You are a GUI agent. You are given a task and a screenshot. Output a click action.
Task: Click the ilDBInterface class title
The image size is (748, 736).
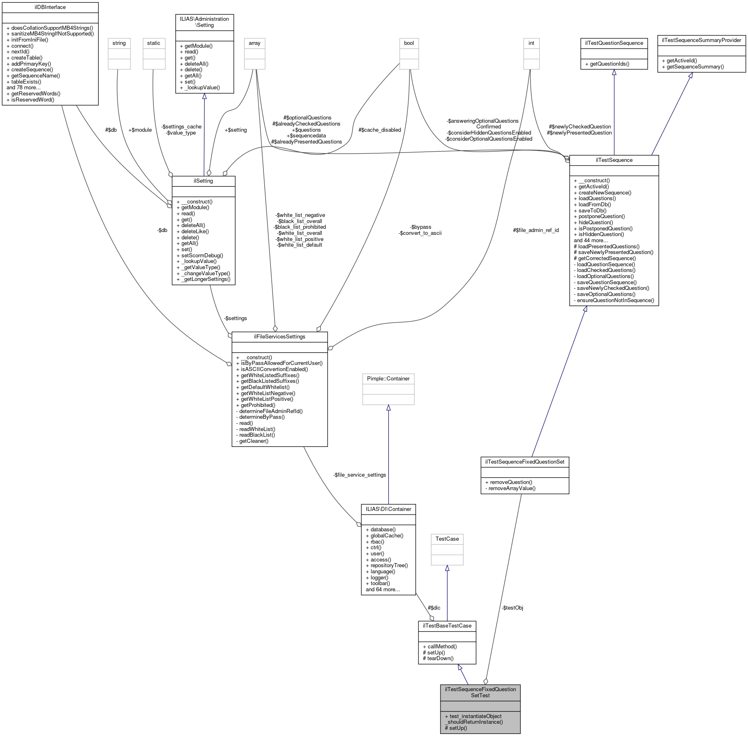(50, 7)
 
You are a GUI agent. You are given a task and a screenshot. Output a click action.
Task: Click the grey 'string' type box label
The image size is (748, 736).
(119, 43)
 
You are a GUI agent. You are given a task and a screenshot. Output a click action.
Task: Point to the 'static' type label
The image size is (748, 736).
(154, 43)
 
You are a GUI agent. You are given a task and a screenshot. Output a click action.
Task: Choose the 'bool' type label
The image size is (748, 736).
(409, 43)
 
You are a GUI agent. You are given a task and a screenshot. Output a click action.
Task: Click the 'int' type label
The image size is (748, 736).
(531, 43)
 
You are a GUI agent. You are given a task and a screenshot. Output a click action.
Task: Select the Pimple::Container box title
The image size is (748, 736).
(388, 379)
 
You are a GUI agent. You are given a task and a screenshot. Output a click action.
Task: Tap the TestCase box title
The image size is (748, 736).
(447, 539)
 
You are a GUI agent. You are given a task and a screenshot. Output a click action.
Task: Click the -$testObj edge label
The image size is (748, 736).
(512, 608)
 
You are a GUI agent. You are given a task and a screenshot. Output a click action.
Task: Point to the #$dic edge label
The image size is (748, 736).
(434, 608)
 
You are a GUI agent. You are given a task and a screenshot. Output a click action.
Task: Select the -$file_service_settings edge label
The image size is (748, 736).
(359, 475)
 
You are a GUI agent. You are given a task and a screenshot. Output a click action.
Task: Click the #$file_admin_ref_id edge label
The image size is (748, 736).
(536, 230)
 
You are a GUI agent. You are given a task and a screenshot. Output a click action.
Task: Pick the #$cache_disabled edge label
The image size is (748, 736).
(379, 130)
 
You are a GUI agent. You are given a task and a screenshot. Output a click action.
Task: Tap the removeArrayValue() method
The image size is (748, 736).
(510, 488)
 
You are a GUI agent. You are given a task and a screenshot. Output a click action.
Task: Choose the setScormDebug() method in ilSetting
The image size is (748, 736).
(200, 256)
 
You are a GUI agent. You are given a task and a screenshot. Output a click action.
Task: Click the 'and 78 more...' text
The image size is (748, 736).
(24, 88)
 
